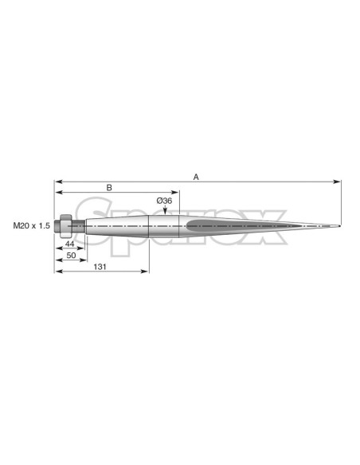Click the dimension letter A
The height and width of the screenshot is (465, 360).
click(x=196, y=177)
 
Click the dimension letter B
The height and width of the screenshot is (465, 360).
click(x=109, y=188)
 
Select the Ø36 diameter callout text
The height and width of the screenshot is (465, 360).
click(x=164, y=201)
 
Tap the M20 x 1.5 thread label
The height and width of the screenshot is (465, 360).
click(x=31, y=226)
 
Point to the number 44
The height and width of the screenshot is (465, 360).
click(x=69, y=244)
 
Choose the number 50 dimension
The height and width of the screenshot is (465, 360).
click(x=71, y=255)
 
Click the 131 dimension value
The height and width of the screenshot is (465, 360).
click(x=100, y=267)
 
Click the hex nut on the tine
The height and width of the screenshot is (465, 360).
click(x=66, y=226)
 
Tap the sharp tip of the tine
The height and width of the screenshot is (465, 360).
click(x=340, y=227)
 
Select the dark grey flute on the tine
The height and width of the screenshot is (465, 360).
click(x=243, y=226)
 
